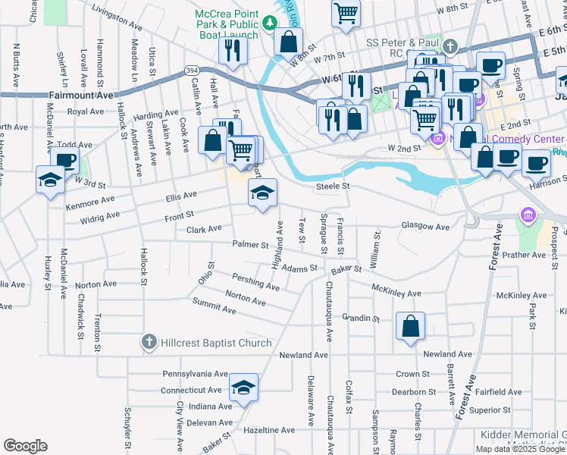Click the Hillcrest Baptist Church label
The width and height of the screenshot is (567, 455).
click(x=216, y=343)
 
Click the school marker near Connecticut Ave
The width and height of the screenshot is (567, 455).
click(x=243, y=387)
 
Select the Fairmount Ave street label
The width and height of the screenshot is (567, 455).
click(x=80, y=96)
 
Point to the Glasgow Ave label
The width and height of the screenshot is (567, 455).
click(x=425, y=227)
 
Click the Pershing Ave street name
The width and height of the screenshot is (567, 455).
click(x=258, y=284)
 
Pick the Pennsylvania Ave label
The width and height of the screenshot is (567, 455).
click(x=195, y=374)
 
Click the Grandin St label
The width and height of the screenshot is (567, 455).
click(x=360, y=318)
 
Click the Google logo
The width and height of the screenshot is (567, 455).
click(x=25, y=446)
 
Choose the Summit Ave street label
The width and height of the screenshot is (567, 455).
click(x=214, y=307)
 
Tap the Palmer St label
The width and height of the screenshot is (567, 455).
click(x=251, y=245)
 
